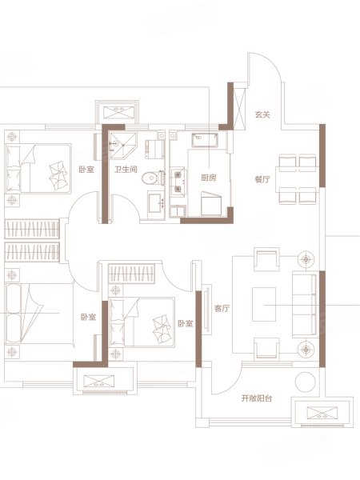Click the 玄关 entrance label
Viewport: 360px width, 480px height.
262,115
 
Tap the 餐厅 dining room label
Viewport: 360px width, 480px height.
262,179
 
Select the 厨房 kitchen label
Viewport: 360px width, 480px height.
209,178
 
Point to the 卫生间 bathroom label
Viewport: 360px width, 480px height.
126,170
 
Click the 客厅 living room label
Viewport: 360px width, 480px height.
222,308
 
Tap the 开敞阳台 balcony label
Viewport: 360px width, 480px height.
257,398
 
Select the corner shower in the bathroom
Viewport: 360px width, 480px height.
122,146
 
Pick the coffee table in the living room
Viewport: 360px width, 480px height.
264,304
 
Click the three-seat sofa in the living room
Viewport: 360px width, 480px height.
305,304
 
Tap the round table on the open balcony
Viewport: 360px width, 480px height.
306,382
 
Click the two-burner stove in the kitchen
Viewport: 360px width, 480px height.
178,182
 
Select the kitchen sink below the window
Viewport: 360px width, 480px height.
205,140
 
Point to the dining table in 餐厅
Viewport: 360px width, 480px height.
297,179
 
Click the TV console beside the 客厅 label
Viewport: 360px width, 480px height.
206,310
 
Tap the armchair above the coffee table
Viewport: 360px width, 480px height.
266,259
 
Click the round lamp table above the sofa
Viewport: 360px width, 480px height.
306,259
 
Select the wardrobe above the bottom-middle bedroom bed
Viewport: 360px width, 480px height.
131,274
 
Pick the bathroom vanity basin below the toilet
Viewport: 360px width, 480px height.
156,204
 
